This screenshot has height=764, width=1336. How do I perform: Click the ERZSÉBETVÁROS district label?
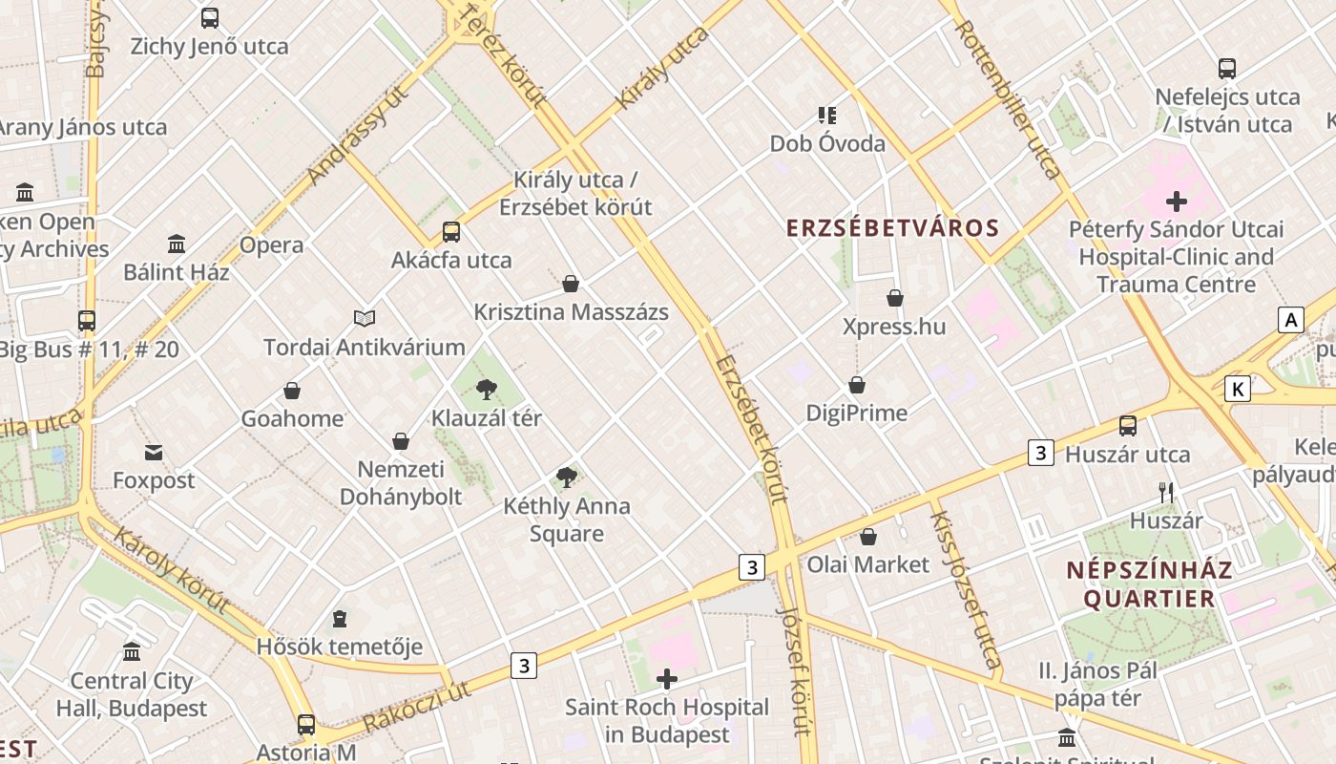[892, 228]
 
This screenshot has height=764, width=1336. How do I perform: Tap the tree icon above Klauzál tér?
[487, 389]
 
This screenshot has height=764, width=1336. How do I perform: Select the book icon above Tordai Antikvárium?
[365, 318]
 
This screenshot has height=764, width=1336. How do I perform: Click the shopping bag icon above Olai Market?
[868, 537]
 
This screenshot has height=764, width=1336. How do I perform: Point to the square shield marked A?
[1291, 320]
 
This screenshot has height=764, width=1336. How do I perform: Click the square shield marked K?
[1238, 389]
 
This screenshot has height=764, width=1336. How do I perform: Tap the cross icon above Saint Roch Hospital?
[667, 679]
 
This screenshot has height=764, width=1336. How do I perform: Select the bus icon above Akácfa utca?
[451, 231]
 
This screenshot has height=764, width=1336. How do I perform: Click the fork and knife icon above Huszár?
[1165, 493]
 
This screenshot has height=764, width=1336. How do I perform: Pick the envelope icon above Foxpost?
[154, 453]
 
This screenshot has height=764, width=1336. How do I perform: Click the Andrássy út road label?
[358, 133]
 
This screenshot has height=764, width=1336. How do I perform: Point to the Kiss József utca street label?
[966, 589]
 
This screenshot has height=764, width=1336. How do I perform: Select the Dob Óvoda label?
[827, 144]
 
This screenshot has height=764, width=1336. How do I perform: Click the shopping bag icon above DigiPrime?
[857, 385]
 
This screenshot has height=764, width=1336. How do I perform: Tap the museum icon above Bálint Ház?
[177, 244]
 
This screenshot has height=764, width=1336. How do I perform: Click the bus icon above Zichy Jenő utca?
[209, 17]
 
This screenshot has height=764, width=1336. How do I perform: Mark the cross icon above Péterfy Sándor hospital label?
[1177, 202]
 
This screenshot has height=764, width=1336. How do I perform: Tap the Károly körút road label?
[172, 570]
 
